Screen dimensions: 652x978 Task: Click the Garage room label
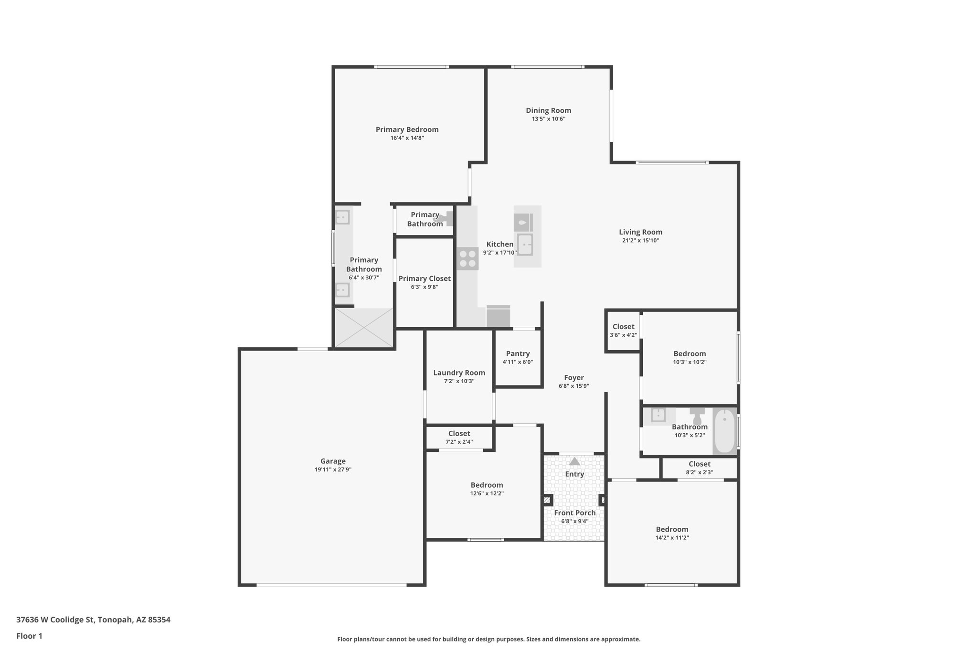click(x=333, y=461)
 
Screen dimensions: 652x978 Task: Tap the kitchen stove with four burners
click(x=468, y=258)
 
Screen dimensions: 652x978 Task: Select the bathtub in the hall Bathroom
click(x=724, y=431)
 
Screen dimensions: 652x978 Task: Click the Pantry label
click(x=518, y=353)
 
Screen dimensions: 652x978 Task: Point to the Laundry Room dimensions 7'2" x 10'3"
click(x=459, y=381)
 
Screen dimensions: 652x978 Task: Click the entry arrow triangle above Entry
click(x=574, y=461)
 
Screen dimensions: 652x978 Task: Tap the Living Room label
click(x=640, y=232)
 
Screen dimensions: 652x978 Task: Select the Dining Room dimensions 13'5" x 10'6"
click(x=548, y=119)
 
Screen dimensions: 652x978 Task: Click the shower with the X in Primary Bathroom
click(x=364, y=328)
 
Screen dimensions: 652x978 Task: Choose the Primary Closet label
click(x=425, y=278)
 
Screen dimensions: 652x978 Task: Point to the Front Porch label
click(x=574, y=513)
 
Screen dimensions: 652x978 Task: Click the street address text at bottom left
click(x=93, y=620)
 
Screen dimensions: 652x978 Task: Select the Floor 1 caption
click(x=29, y=636)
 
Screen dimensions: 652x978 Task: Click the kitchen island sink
click(x=525, y=245)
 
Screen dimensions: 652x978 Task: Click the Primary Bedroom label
click(x=407, y=129)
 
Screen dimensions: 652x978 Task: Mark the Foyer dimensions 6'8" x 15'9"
click(x=574, y=386)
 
